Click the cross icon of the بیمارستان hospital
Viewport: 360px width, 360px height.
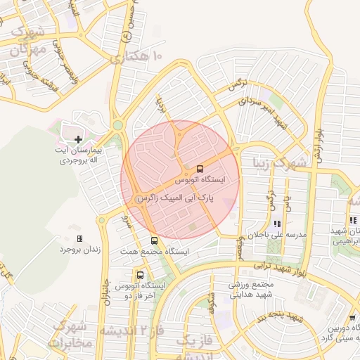coord(77,140)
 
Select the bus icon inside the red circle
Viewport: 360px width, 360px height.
coord(200,169)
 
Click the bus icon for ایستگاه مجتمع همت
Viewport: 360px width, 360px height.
coord(153,240)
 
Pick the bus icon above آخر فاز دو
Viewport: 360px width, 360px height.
coord(141,275)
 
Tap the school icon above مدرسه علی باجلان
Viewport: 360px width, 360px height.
coord(276,224)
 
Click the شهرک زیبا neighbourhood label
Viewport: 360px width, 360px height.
coord(282,165)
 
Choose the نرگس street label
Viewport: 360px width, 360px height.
coord(238,85)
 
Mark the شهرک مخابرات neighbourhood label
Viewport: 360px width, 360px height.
coord(69,335)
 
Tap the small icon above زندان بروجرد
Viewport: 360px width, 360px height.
coord(79,238)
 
